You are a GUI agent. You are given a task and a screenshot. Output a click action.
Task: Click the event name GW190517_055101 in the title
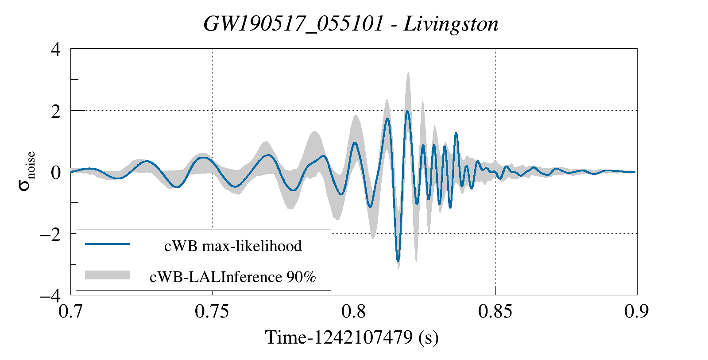tap(293, 24)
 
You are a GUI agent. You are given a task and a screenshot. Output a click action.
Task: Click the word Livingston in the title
tap(451, 24)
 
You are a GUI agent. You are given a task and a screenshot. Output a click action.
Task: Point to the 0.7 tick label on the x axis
tap(71, 311)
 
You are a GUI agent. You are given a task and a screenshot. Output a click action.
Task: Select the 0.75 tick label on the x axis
tap(212, 311)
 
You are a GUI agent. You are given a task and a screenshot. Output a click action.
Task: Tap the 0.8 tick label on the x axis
tap(354, 311)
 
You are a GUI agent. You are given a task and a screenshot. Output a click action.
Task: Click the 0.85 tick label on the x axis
tap(495, 311)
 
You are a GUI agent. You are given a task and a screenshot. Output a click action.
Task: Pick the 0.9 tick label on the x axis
tap(637, 311)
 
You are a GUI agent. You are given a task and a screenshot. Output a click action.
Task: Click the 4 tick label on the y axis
tap(56, 49)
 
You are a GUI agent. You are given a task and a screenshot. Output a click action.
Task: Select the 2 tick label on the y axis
tap(56, 111)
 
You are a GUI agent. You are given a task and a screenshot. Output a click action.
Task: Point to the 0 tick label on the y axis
tap(56, 172)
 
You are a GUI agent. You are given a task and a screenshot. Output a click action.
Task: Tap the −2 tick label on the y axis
tap(50, 234)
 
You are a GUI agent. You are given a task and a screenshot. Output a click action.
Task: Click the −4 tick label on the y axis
tap(50, 295)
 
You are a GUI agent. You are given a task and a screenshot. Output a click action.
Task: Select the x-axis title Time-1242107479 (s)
tap(352, 337)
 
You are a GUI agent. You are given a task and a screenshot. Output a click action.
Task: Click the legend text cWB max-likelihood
tap(233, 246)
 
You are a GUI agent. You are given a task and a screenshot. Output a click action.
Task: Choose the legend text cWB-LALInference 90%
tap(233, 277)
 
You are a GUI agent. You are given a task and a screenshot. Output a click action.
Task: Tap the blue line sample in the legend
tap(108, 244)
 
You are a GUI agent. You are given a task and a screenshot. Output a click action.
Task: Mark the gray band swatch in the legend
tap(108, 275)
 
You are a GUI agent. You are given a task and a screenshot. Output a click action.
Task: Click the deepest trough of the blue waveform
tap(398, 260)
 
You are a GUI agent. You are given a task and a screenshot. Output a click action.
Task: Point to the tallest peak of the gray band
tap(408, 73)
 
